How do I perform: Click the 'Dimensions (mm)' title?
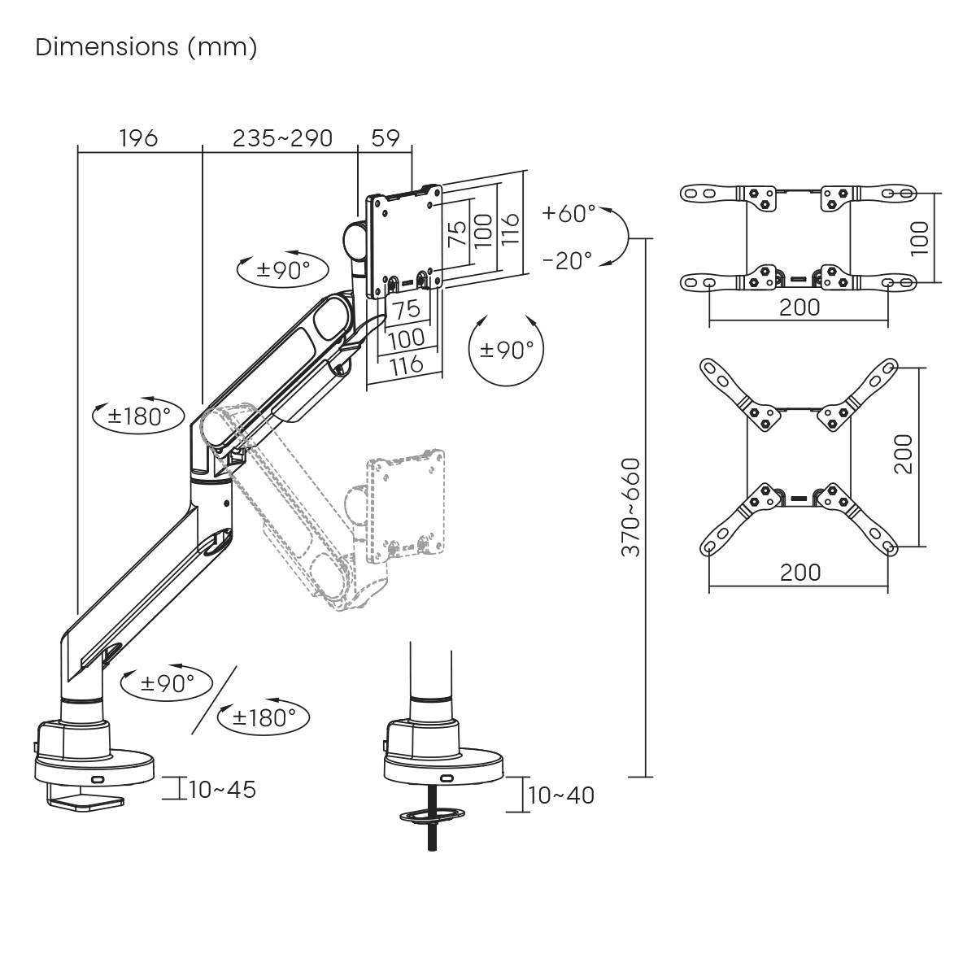pos(146,47)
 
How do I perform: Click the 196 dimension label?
pos(138,138)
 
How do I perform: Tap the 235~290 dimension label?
pos(282,138)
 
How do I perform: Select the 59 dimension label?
pos(386,138)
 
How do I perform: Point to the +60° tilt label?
pos(569,213)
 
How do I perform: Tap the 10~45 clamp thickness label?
pos(222,789)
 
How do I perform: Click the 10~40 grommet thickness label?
pos(561,795)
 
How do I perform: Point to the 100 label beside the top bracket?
pos(919,238)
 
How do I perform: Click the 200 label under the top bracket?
pos(800,307)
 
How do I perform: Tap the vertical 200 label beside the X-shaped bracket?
pos(904,454)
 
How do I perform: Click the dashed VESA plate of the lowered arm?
pos(406,504)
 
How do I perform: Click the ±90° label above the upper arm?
pos(282,270)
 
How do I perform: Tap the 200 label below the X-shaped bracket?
pos(800,572)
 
